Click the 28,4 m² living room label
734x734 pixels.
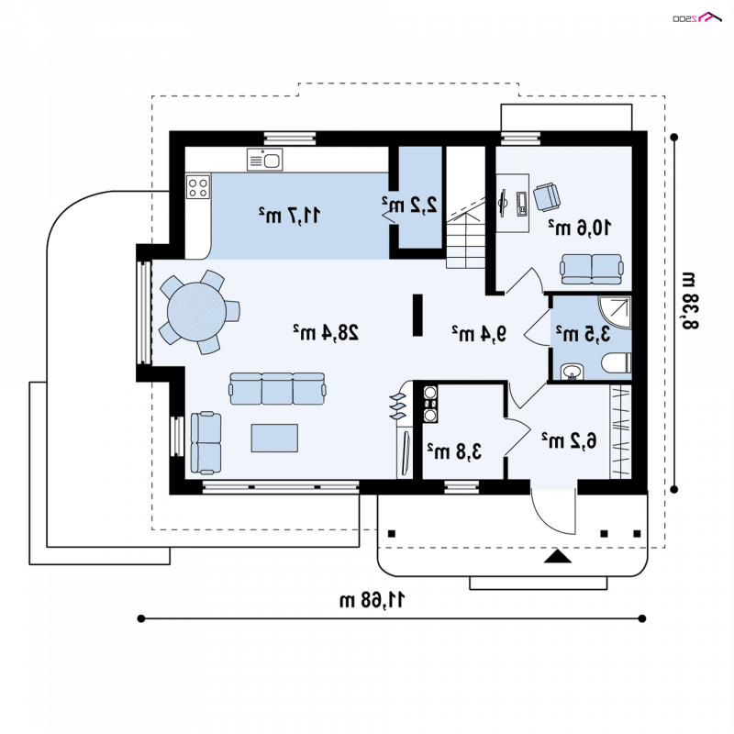326,332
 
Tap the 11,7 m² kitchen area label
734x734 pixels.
290,215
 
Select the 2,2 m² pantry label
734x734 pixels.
409,205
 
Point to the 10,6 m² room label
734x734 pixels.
580,227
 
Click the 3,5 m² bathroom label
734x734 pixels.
584,334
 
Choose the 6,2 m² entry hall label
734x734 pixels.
569,440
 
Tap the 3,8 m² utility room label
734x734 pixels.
454,451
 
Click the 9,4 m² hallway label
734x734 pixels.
479,333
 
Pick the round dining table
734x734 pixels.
196,312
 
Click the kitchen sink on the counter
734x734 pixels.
264,160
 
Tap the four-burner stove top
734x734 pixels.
197,187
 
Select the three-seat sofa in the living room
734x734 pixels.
277,388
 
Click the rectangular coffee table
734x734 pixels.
274,439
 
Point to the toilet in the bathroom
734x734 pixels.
617,363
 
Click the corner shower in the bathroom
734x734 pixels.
615,312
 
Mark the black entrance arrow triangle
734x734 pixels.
558,556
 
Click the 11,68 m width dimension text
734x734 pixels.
373,600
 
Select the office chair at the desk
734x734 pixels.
547,196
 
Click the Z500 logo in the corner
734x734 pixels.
697,17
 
